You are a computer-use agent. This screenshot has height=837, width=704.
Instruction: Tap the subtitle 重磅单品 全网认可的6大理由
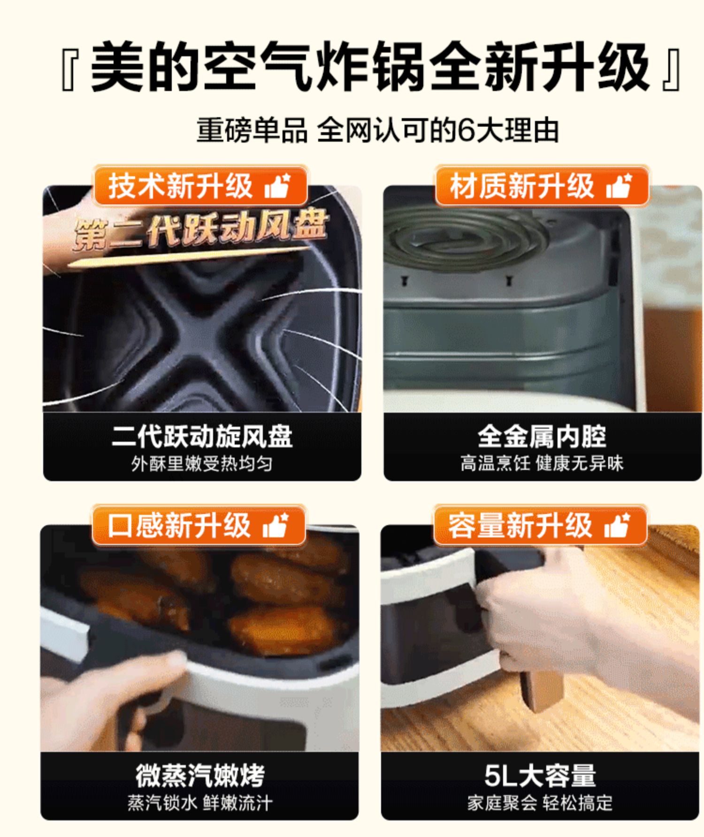[378, 130]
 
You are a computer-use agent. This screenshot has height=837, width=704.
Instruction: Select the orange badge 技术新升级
[200, 186]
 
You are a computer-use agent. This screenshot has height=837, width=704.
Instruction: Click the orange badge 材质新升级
[542, 186]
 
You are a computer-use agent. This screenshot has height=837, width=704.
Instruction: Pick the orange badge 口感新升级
[199, 525]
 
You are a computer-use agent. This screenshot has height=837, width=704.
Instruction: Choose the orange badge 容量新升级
[540, 525]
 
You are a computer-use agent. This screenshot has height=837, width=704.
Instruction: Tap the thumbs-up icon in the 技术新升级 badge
[277, 186]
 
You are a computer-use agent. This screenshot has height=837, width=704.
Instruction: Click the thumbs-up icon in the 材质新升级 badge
[619, 186]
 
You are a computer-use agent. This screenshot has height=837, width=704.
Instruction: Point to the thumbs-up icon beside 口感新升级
[275, 525]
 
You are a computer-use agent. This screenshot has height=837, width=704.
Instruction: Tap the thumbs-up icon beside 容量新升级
[617, 525]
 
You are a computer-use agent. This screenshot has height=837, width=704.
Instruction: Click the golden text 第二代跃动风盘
[199, 231]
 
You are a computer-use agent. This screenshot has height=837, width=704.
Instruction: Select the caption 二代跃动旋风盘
[202, 436]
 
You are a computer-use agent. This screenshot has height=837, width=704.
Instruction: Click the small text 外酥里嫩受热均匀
[202, 464]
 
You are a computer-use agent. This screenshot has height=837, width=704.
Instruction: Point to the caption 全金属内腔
[542, 436]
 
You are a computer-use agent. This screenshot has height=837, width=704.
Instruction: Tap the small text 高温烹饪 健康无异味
[542, 463]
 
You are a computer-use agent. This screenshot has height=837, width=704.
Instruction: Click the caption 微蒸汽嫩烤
[200, 775]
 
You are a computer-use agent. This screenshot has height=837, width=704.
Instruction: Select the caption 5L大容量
[540, 775]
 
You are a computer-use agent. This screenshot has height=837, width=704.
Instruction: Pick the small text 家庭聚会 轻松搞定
[540, 803]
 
